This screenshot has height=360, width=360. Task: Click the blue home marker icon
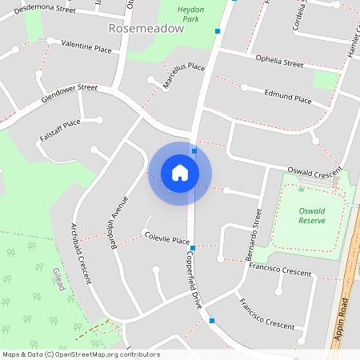(x=180, y=173)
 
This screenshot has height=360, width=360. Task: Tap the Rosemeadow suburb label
(x=146, y=28)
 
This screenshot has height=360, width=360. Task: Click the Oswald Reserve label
(x=312, y=214)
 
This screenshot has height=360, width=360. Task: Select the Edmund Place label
(x=288, y=98)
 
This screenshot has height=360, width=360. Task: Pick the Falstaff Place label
(x=60, y=131)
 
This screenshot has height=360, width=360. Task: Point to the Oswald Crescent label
(x=314, y=172)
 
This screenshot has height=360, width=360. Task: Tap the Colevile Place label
(x=166, y=238)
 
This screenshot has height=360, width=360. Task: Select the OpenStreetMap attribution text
(x=81, y=354)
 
